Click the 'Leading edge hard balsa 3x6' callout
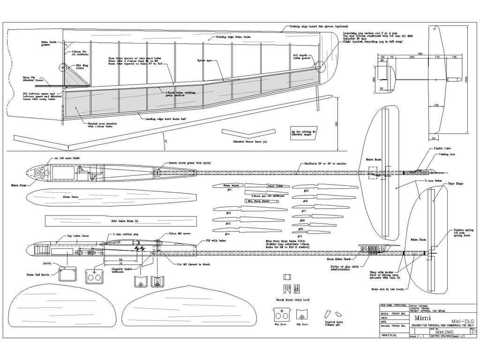[166, 120]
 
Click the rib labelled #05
[305, 191]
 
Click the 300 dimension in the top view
[412, 57]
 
